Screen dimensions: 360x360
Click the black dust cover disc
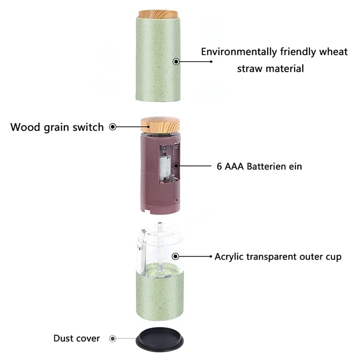point(160,339)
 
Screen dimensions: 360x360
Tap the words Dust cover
point(76,338)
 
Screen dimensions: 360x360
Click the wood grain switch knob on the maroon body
point(160,125)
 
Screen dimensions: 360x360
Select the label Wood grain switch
point(57,127)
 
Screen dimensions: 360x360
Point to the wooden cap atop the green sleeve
point(158,14)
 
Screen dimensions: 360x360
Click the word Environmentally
point(239,52)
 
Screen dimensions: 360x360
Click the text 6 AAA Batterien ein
point(259,166)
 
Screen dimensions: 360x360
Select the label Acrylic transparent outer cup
point(278,257)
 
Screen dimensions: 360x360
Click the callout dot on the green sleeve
point(176,62)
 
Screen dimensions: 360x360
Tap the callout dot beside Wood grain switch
point(113,127)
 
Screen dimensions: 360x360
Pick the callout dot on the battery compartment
point(176,166)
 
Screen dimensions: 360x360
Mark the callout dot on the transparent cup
point(175,256)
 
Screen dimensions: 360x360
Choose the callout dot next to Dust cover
point(112,338)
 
